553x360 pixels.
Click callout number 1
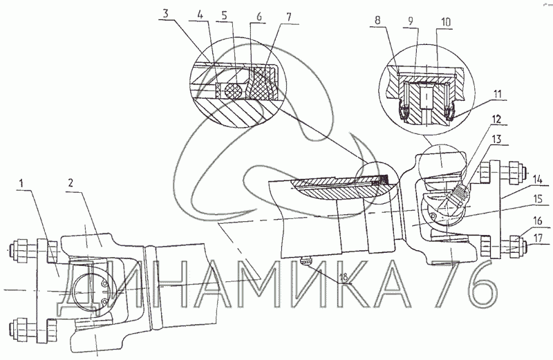(21, 183)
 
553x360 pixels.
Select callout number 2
(71, 183)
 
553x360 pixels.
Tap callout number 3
(166, 15)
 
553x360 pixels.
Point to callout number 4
(200, 15)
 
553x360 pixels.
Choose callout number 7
(288, 17)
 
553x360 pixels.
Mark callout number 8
(377, 20)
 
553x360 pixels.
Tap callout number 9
(410, 21)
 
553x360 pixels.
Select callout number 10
(445, 22)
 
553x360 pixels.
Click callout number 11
(497, 94)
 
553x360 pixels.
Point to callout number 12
(498, 119)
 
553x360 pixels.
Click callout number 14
(538, 179)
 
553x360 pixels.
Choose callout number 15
(538, 199)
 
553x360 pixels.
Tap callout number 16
(538, 221)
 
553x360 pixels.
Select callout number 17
(538, 238)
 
